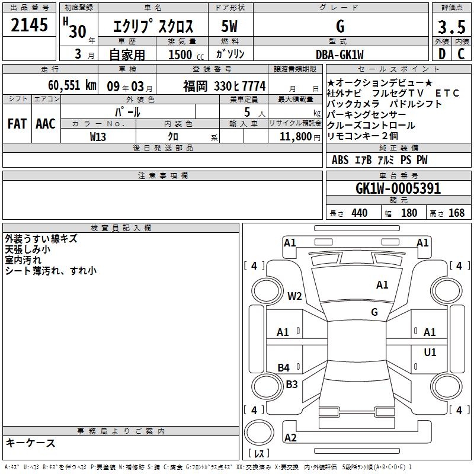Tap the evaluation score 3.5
pos(450,27)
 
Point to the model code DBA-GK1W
pos(340,55)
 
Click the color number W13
pos(98,136)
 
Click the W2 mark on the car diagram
pos(294,296)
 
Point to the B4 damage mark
pos(284,368)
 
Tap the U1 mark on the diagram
pos(430,353)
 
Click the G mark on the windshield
pos(374,312)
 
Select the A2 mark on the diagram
pos(290,438)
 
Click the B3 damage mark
pos(292,385)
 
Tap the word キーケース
pos(30,443)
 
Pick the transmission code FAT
pos(17,123)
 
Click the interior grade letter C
pos(461,55)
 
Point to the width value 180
pos(409,213)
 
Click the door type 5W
pos(229,27)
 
